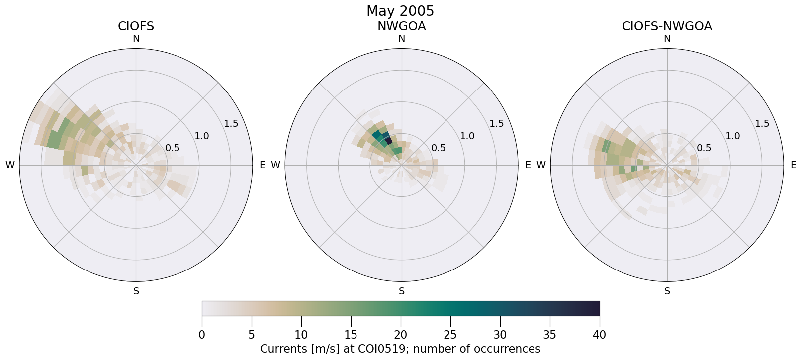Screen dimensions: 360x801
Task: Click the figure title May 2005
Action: click(400, 11)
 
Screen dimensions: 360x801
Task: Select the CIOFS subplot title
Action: click(136, 26)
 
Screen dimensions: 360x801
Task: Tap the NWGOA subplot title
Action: click(401, 26)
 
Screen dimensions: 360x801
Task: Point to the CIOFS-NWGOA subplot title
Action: click(667, 26)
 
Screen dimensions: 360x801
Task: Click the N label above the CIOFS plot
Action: click(136, 39)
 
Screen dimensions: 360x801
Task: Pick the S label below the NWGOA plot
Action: click(402, 291)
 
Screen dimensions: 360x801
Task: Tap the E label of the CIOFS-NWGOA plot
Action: click(794, 165)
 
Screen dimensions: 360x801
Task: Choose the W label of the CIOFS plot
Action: click(10, 165)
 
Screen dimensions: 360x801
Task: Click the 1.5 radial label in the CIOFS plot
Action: click(231, 124)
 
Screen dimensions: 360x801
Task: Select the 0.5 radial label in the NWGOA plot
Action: click(438, 148)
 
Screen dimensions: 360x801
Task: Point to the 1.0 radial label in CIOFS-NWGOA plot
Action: click(733, 136)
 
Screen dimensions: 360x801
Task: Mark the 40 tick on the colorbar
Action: click(599, 335)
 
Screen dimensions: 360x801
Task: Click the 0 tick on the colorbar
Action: click(202, 335)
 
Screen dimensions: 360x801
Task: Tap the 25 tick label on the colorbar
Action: click(450, 335)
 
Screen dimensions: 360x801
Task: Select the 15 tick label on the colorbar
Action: click(351, 335)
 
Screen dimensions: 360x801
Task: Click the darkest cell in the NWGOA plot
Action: click(389, 141)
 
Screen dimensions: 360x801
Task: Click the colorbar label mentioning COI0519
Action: click(400, 349)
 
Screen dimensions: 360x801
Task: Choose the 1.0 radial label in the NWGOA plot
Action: click(467, 136)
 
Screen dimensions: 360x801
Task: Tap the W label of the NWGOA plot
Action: click(275, 165)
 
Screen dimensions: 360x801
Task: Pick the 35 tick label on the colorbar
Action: click(550, 335)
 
